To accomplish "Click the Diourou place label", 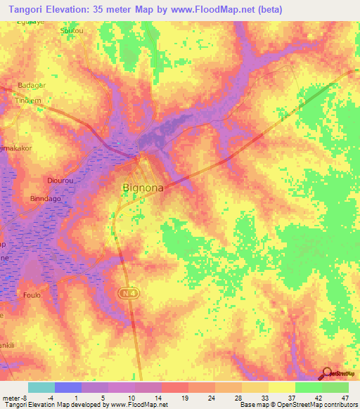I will tap(57, 180).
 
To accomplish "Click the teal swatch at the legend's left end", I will tap(41, 387).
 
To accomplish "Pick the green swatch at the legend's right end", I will tap(335, 387).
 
